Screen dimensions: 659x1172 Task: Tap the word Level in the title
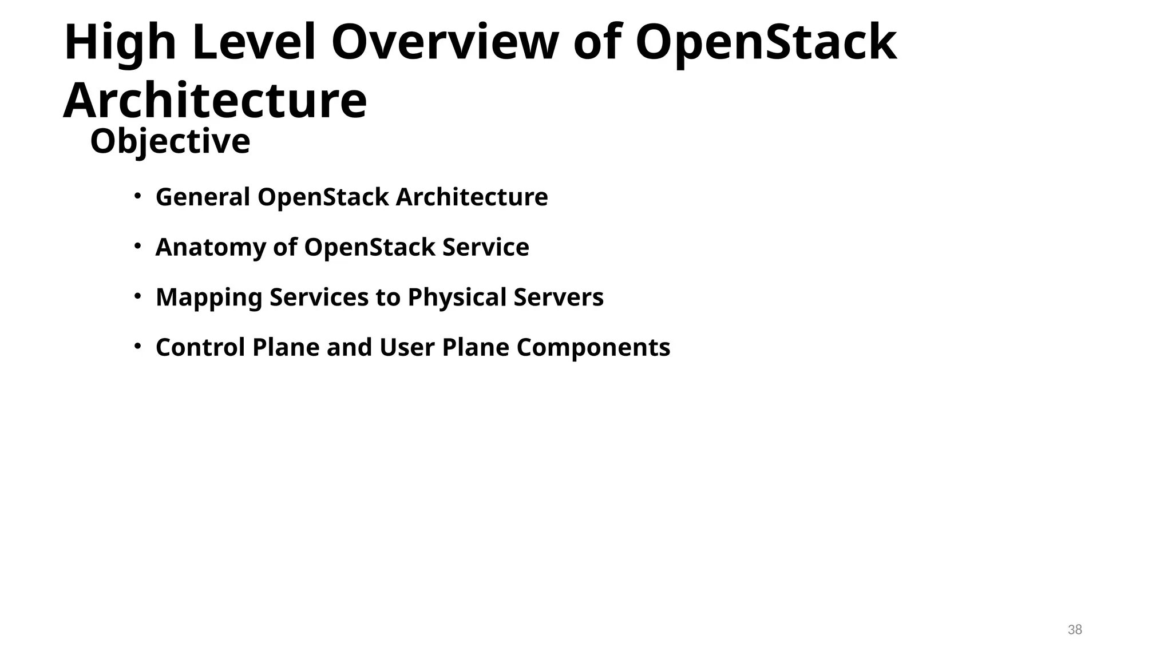(x=254, y=43)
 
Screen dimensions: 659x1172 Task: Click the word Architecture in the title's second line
(x=215, y=101)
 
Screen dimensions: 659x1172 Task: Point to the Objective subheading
(x=170, y=141)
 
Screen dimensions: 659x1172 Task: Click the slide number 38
(x=1075, y=630)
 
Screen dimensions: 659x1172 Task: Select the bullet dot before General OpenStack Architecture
(x=137, y=196)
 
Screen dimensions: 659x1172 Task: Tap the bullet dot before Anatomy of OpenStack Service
(x=137, y=247)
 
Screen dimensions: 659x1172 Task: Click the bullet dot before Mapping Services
(x=137, y=296)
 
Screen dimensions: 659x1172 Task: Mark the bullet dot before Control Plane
(x=137, y=347)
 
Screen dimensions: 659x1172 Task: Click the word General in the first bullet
(x=203, y=197)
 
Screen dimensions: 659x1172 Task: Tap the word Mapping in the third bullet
(x=209, y=298)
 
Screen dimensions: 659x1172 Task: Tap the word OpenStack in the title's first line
(x=766, y=43)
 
